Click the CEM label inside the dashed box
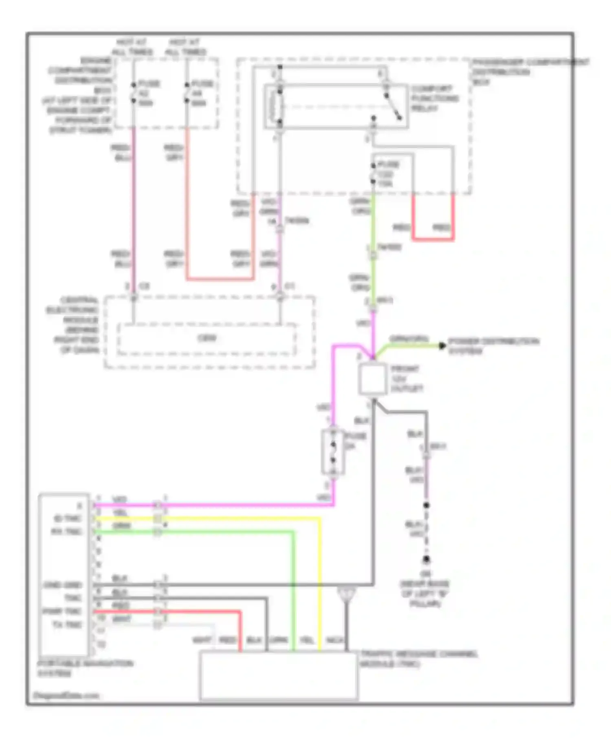[x=207, y=338]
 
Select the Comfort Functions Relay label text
[x=435, y=98]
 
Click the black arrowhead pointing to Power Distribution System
[x=442, y=346]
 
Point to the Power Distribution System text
[x=493, y=346]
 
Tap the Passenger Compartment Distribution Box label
[x=530, y=72]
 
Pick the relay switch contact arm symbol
[x=393, y=107]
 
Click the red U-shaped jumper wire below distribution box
[x=433, y=239]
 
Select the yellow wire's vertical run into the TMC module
[x=319, y=586]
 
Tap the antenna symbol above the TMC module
[x=347, y=595]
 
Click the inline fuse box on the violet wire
[x=333, y=452]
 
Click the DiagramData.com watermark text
[x=66, y=696]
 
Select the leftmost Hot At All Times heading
[x=132, y=47]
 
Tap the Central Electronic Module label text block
[x=73, y=325]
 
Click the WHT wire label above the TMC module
[x=202, y=640]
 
